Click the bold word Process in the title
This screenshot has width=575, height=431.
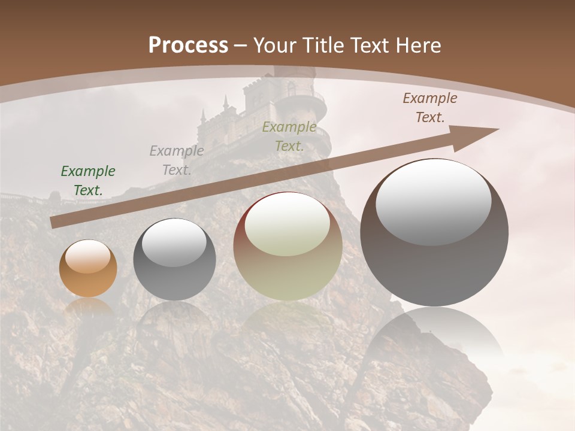pyautogui.click(x=188, y=45)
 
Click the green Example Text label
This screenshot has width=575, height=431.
pyautogui.click(x=88, y=181)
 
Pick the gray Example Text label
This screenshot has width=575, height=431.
pyautogui.click(x=177, y=160)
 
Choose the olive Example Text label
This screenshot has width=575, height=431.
pyautogui.click(x=289, y=136)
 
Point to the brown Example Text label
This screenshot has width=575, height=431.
pyautogui.click(x=430, y=108)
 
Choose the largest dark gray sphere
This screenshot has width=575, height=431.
pyautogui.click(x=434, y=269)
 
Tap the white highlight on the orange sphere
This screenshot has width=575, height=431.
pyautogui.click(x=88, y=256)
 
